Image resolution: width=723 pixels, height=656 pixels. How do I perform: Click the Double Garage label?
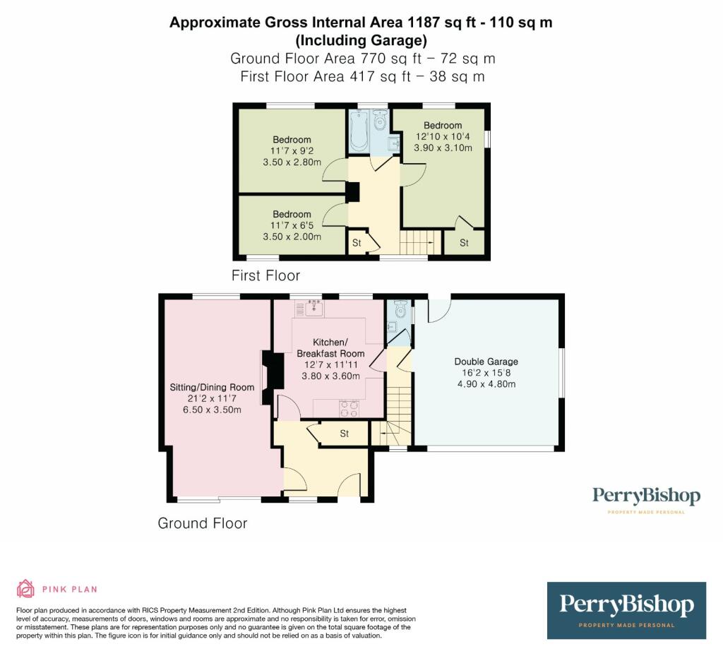486,362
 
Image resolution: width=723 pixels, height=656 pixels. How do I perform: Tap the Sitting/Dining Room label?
212,387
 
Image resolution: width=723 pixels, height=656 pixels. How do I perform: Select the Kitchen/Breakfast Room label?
330,348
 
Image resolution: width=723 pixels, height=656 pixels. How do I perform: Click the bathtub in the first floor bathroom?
358,131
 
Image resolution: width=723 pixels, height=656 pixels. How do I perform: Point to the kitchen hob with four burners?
349,409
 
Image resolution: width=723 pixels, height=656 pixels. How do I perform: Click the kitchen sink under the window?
313,307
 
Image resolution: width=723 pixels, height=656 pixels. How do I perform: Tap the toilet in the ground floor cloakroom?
400,309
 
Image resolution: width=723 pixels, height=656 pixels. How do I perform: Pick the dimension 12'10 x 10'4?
443,136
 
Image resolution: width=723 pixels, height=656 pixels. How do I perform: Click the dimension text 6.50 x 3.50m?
212,410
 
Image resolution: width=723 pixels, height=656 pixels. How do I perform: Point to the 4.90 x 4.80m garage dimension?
486,384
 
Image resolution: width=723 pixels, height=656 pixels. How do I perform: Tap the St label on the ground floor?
345,434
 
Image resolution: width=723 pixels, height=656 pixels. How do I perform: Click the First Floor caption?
265,275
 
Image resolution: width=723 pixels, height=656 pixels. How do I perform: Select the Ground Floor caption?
203,523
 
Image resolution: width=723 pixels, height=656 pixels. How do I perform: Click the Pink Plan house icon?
26,589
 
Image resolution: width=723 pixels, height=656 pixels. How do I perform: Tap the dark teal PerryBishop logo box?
627,610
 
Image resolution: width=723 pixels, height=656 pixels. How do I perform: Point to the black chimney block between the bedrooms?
353,192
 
